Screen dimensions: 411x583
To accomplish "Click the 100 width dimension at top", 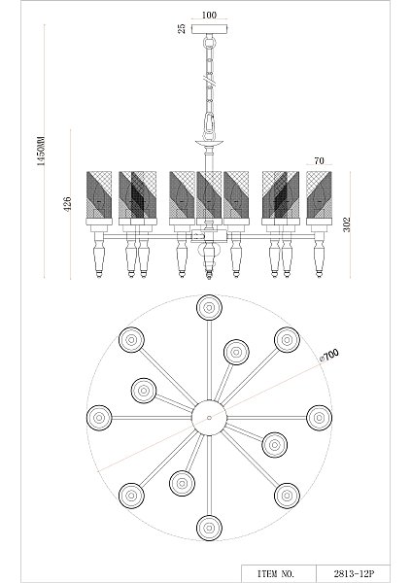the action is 209,16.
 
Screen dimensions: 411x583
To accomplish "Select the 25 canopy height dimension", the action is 182,29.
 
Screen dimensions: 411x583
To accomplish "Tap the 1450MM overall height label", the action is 41,151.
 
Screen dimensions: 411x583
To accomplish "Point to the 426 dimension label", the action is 67,204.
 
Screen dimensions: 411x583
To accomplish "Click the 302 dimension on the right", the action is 347,224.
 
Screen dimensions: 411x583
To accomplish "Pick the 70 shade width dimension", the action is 319,161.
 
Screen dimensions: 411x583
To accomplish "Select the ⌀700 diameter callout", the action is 329,355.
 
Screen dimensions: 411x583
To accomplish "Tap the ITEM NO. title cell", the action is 276,573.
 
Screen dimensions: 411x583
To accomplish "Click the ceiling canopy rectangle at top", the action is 210,29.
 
